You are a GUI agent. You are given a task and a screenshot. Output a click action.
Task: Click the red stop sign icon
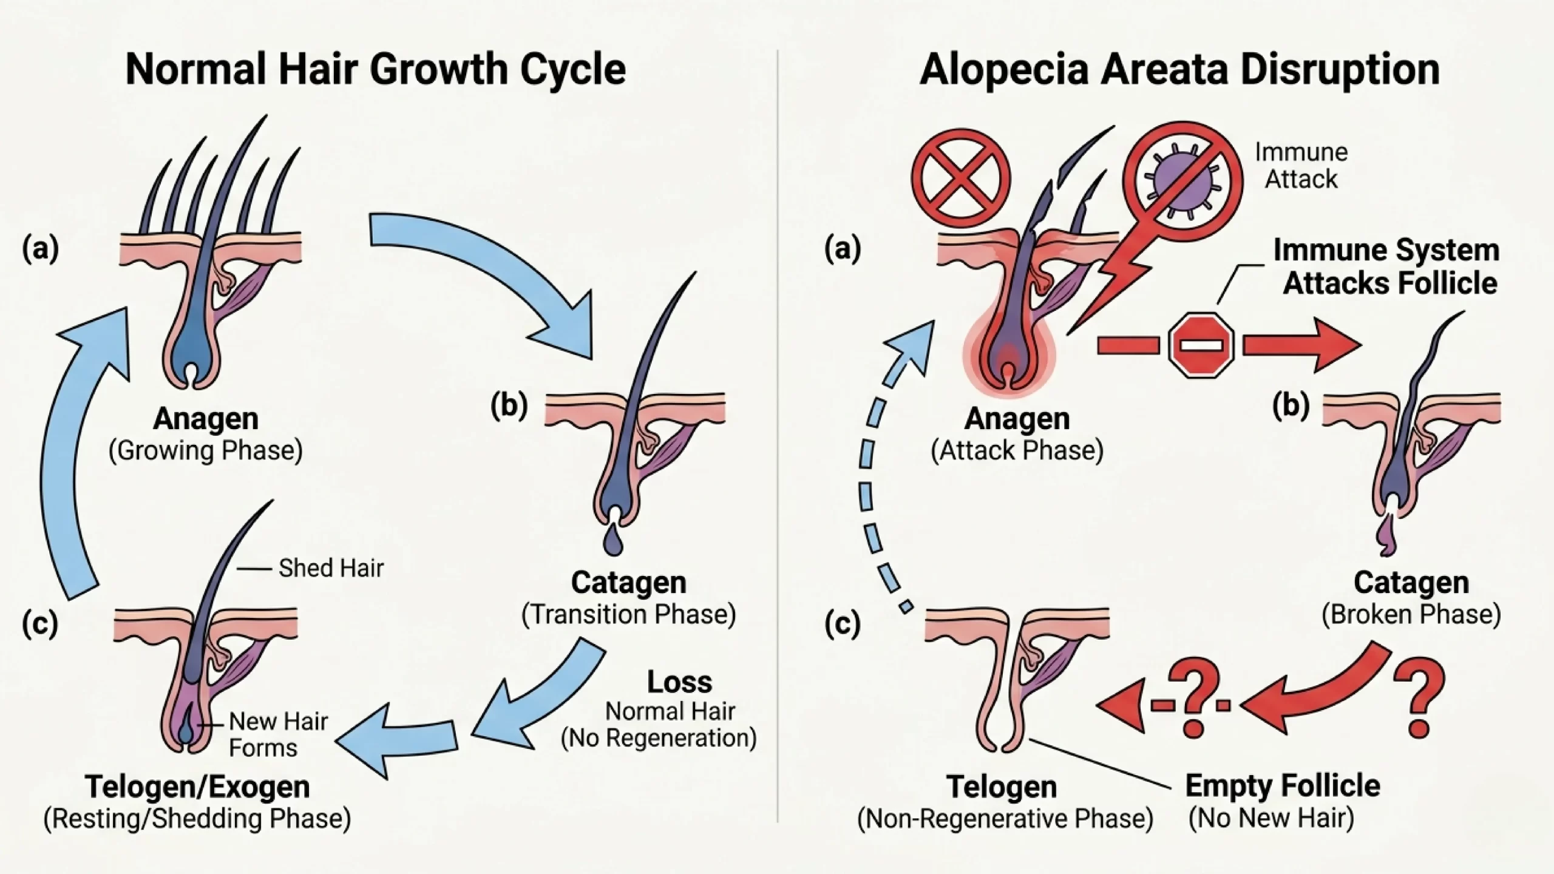point(1201,345)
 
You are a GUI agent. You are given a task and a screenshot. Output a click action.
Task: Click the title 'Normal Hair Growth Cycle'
point(375,69)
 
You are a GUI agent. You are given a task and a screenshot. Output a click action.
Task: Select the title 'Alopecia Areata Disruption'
point(1179,69)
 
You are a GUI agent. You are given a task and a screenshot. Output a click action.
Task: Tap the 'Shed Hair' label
point(331,569)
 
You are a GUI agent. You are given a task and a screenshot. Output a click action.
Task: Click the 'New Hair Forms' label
point(278,734)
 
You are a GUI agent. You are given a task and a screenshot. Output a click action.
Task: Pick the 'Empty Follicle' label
point(1283,786)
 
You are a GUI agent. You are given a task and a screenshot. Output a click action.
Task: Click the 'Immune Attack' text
point(1301,166)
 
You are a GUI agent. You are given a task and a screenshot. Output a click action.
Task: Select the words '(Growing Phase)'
point(205,451)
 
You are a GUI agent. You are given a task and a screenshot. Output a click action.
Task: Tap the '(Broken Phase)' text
point(1411,614)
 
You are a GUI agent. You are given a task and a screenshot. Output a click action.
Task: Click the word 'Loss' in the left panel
point(679,682)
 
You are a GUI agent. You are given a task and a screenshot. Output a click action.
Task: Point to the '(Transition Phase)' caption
point(628,614)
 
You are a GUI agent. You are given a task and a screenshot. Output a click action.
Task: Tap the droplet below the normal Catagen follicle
point(614,541)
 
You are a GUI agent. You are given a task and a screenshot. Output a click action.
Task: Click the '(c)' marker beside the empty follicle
point(843,624)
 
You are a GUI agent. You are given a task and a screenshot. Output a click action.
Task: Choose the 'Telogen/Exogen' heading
point(197,787)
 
